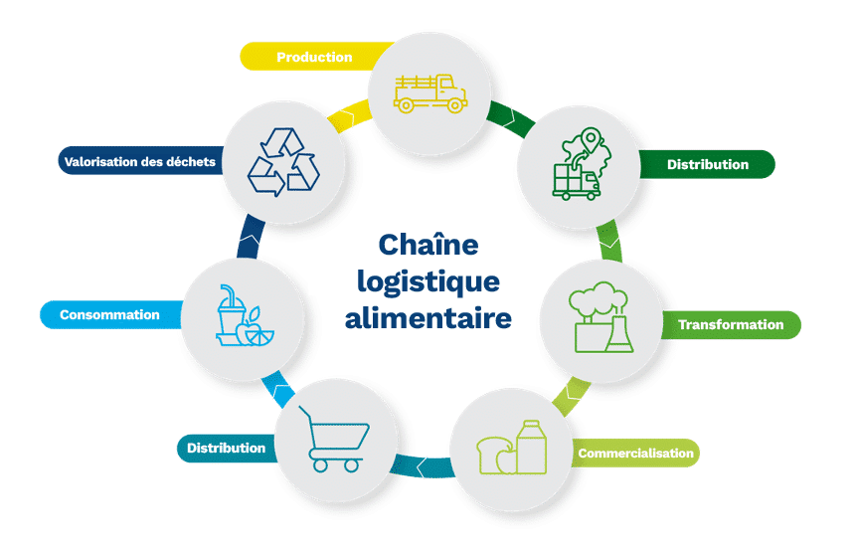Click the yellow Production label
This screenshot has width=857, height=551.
(314, 57)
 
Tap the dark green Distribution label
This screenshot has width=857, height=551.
(708, 164)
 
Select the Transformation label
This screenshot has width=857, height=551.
(731, 324)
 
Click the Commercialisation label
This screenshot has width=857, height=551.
(635, 454)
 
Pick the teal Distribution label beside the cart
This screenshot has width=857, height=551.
(226, 449)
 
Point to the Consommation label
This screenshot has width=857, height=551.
(109, 315)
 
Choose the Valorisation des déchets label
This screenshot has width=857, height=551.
(140, 162)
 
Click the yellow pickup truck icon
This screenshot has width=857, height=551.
(430, 93)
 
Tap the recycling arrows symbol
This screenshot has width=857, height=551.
(283, 162)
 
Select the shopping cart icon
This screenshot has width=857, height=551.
(334, 439)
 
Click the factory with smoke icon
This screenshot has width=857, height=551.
(600, 317)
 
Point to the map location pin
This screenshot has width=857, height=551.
(591, 140)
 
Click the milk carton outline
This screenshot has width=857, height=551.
(531, 447)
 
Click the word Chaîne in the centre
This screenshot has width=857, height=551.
(428, 245)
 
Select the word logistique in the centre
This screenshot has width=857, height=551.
(428, 282)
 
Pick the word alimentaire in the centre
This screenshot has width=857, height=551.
(428, 318)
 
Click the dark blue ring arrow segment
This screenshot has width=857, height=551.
(250, 237)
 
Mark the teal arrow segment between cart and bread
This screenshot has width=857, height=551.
(422, 466)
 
